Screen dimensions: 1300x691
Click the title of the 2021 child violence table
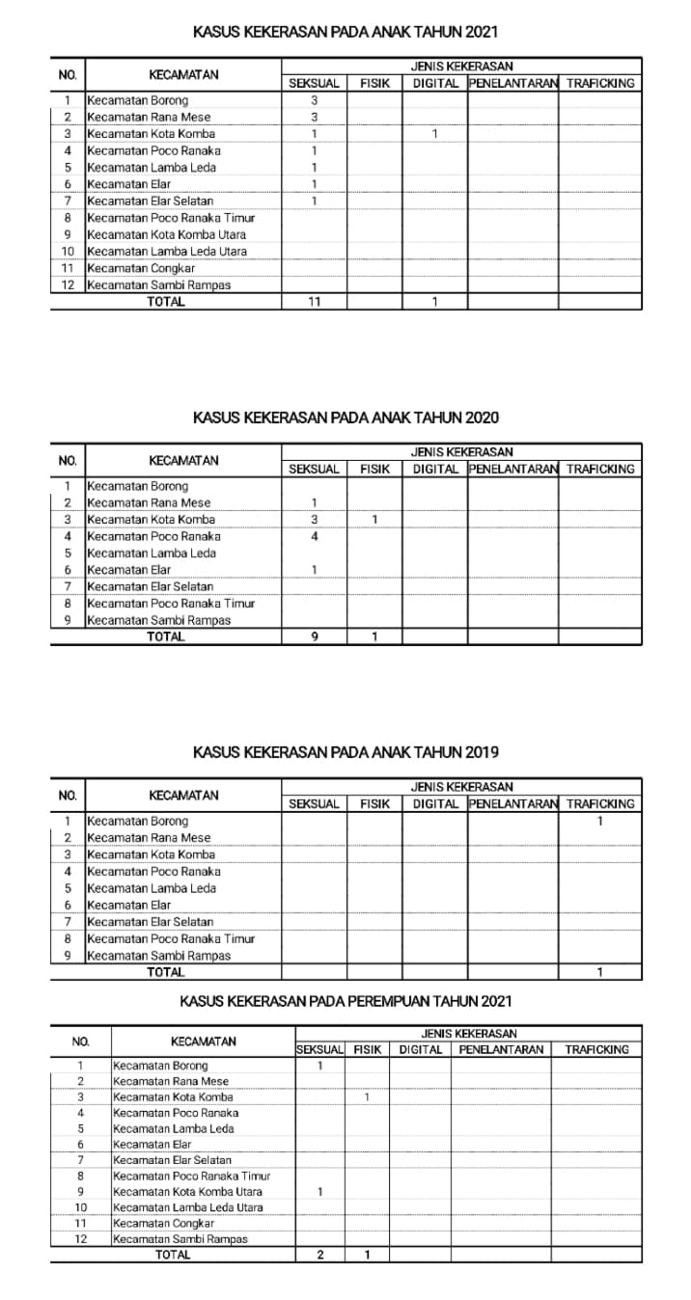pos(345,33)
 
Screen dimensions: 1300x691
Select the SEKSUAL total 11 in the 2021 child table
pos(314,302)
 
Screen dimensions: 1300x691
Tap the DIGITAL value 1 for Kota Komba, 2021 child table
pos(434,134)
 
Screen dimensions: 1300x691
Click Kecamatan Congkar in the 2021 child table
pos(141,268)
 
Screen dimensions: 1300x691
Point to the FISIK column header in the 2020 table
pos(374,470)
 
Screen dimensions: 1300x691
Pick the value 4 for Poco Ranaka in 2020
pos(314,536)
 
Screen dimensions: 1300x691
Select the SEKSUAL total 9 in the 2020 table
pos(314,636)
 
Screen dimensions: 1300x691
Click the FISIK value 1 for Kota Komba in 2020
pos(374,520)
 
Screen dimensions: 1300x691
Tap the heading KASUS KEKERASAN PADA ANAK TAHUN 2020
pos(345,419)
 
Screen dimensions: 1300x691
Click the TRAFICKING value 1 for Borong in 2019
pos(599,822)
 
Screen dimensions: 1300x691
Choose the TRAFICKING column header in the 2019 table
pos(599,804)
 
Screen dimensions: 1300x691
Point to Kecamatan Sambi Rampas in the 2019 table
pos(159,956)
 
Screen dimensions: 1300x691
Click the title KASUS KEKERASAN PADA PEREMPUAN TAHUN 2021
pos(345,1002)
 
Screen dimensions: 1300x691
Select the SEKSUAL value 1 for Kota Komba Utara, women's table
pos(319,1192)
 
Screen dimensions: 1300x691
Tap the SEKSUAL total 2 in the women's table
pos(319,1255)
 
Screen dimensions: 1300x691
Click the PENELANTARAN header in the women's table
pos(501,1049)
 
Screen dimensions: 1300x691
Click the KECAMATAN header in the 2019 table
pos(183,796)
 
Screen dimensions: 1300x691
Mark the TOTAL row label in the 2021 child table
pos(165,302)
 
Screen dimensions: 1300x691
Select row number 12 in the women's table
pos(81,1239)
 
